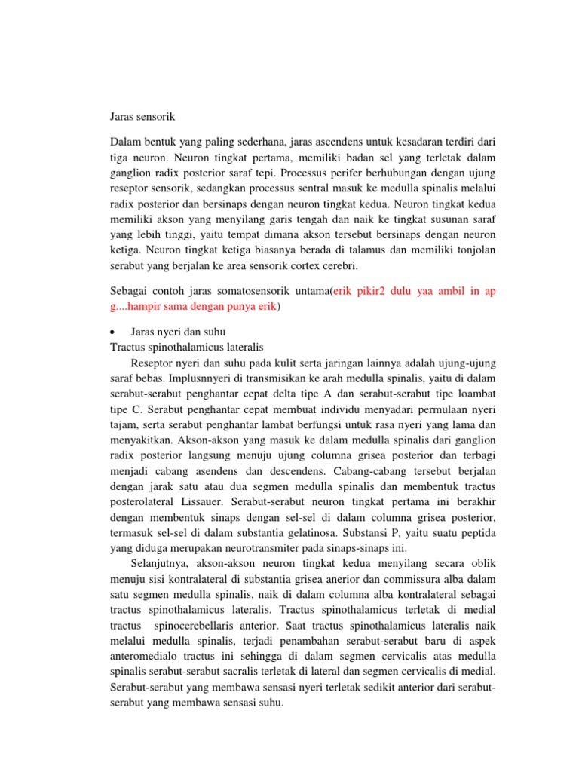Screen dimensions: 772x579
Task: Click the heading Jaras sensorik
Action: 142,117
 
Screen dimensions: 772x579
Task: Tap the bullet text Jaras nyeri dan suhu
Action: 178,332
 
